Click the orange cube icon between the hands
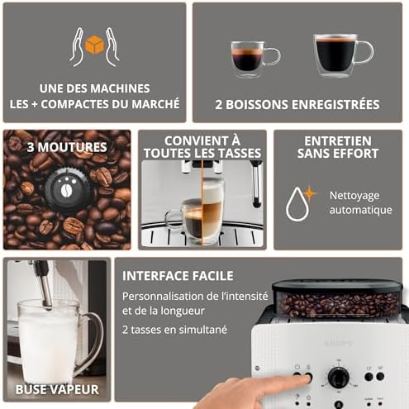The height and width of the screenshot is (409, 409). (94, 46)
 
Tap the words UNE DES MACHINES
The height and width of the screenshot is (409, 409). (94, 88)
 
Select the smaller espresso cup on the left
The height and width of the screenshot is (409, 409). (252, 58)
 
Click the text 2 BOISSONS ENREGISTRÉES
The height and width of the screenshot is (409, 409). (297, 104)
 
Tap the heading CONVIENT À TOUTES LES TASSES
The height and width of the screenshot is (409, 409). (202, 146)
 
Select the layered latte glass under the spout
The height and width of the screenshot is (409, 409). (212, 212)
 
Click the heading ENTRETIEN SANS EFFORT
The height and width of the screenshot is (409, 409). (336, 146)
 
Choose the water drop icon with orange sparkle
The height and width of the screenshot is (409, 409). (297, 202)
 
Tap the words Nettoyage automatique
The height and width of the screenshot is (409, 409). (360, 202)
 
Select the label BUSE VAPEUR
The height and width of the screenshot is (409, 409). (56, 388)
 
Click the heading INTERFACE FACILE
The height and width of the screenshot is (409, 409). (178, 276)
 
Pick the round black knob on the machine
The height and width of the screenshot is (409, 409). (339, 378)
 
